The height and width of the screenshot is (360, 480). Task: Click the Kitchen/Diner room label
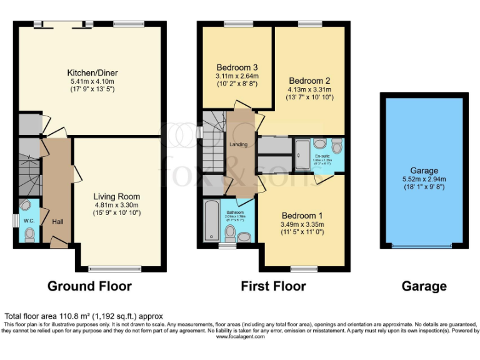93,72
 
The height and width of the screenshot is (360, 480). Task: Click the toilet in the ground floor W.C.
29,233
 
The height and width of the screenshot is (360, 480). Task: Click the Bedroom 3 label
237,67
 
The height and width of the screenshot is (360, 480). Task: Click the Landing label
238,144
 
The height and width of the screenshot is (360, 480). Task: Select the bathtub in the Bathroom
210,221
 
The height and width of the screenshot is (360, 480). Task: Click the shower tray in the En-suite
302,150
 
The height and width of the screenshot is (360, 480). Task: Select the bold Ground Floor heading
90,286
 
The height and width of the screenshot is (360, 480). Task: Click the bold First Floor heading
274,286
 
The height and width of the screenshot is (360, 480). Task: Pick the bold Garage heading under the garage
424,286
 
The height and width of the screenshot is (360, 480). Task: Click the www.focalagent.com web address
241,336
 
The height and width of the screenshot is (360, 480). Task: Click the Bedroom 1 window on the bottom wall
304,269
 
